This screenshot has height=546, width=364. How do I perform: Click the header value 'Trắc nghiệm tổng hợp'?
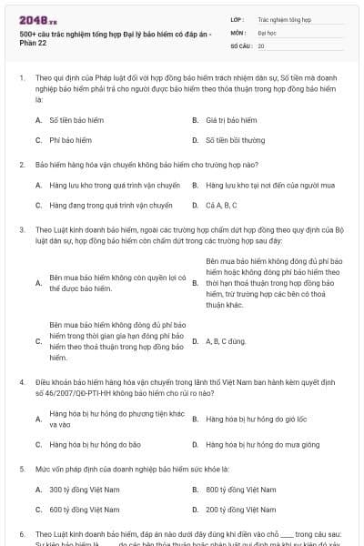pos(285,18)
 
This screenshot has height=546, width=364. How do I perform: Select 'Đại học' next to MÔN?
pos(268,31)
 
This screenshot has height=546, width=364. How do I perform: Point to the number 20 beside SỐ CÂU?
pos(261,45)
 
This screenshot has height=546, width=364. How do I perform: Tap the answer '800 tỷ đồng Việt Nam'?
pos(241,489)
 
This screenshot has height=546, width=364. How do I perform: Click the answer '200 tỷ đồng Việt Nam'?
pos(241,510)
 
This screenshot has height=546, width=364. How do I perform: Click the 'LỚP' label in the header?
pos(236,18)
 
